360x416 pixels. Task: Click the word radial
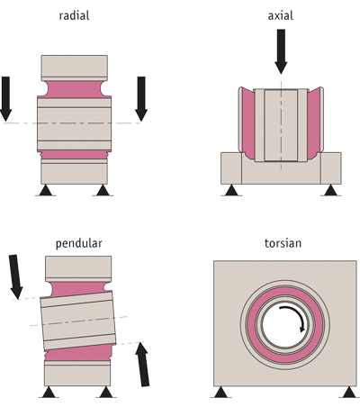tap(74, 15)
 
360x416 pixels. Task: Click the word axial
tap(281, 15)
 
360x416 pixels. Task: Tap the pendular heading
tap(79, 243)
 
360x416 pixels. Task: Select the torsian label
tap(283, 243)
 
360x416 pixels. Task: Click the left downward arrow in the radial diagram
tap(5, 99)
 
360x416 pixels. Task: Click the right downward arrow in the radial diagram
tap(141, 99)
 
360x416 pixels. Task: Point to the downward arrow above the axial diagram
tap(281, 51)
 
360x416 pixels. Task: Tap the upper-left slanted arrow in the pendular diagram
tap(16, 276)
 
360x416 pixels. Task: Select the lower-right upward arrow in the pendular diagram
tap(143, 365)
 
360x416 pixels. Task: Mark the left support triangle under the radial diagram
tap(46, 191)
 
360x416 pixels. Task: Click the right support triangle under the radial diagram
tap(103, 191)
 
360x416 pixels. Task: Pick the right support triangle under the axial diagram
tap(330, 191)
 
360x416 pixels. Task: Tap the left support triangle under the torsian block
tap(221, 392)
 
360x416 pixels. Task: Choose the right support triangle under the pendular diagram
tap(106, 393)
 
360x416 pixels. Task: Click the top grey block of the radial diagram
tap(75, 68)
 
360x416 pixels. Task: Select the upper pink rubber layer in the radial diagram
tap(75, 89)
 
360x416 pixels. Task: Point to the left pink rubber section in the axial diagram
tap(248, 123)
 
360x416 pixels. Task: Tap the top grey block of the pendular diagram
tap(78, 269)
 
